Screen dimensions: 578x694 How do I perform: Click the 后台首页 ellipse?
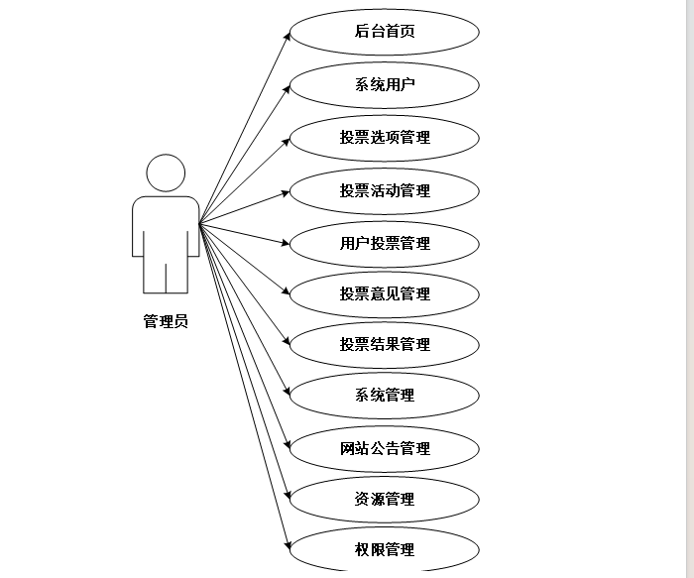coord(385,31)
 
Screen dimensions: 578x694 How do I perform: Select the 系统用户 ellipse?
coord(385,84)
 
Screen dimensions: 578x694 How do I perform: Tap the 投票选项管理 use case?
coord(385,137)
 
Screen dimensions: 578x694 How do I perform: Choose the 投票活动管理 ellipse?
coord(385,190)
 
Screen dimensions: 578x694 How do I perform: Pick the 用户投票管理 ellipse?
coord(385,243)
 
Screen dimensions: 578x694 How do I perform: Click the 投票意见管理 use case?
coord(385,293)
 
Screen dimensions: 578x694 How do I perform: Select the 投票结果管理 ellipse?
coord(385,344)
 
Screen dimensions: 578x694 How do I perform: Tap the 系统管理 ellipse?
coord(385,396)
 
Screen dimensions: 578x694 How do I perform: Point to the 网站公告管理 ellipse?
coord(385,448)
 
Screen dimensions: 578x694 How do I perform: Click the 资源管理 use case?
coord(385,499)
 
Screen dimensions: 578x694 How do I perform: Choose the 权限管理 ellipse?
coord(385,549)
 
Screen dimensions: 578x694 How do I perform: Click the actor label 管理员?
coord(165,321)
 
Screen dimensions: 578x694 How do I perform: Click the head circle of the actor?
coord(166,173)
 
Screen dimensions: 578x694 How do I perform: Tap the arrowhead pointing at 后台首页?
coord(288,35)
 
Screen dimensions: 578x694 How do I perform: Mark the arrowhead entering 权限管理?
coord(288,545)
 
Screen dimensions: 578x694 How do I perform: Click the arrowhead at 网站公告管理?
coord(287,445)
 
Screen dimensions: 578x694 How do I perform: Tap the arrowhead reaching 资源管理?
coord(288,496)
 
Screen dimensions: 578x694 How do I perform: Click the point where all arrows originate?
coord(199,223)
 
